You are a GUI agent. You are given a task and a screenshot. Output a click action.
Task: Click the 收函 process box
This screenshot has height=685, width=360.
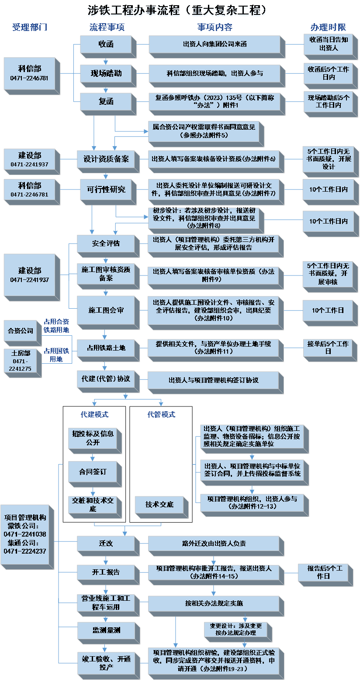tap(106, 44)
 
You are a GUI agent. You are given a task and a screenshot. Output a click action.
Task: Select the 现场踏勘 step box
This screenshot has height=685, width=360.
tap(106, 73)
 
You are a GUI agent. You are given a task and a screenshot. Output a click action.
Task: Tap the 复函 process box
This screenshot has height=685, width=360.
tap(106, 101)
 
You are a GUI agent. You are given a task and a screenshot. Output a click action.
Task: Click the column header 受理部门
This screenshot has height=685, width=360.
tap(30, 27)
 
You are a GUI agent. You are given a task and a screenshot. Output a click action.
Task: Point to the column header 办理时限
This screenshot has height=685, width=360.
tap(328, 27)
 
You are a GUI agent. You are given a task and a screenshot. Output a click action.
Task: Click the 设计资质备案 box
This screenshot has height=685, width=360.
tap(106, 159)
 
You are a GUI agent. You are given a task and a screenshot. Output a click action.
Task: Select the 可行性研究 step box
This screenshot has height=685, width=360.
tap(106, 189)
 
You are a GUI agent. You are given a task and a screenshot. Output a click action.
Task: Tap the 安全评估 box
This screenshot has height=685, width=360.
tap(106, 244)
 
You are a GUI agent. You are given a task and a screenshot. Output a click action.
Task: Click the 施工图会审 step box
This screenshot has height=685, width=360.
tap(106, 310)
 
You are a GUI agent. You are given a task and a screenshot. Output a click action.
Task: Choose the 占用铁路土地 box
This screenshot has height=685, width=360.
tap(106, 348)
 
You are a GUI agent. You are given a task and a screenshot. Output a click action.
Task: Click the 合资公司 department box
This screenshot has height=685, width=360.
tap(21, 331)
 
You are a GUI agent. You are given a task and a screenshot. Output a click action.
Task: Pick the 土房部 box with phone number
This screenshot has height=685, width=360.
tap(21, 361)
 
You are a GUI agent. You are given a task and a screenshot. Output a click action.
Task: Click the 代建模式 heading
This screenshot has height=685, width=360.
tap(94, 414)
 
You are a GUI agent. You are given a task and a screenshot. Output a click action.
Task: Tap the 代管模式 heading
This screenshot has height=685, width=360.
tap(161, 414)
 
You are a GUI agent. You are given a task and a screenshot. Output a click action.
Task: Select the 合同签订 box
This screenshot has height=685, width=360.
tap(93, 472)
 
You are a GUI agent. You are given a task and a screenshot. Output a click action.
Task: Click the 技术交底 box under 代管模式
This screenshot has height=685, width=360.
tap(159, 505)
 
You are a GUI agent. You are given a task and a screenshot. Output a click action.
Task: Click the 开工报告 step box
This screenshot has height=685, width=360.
tap(106, 572)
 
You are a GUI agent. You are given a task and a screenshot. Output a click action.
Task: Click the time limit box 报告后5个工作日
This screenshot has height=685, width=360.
tap(323, 572)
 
